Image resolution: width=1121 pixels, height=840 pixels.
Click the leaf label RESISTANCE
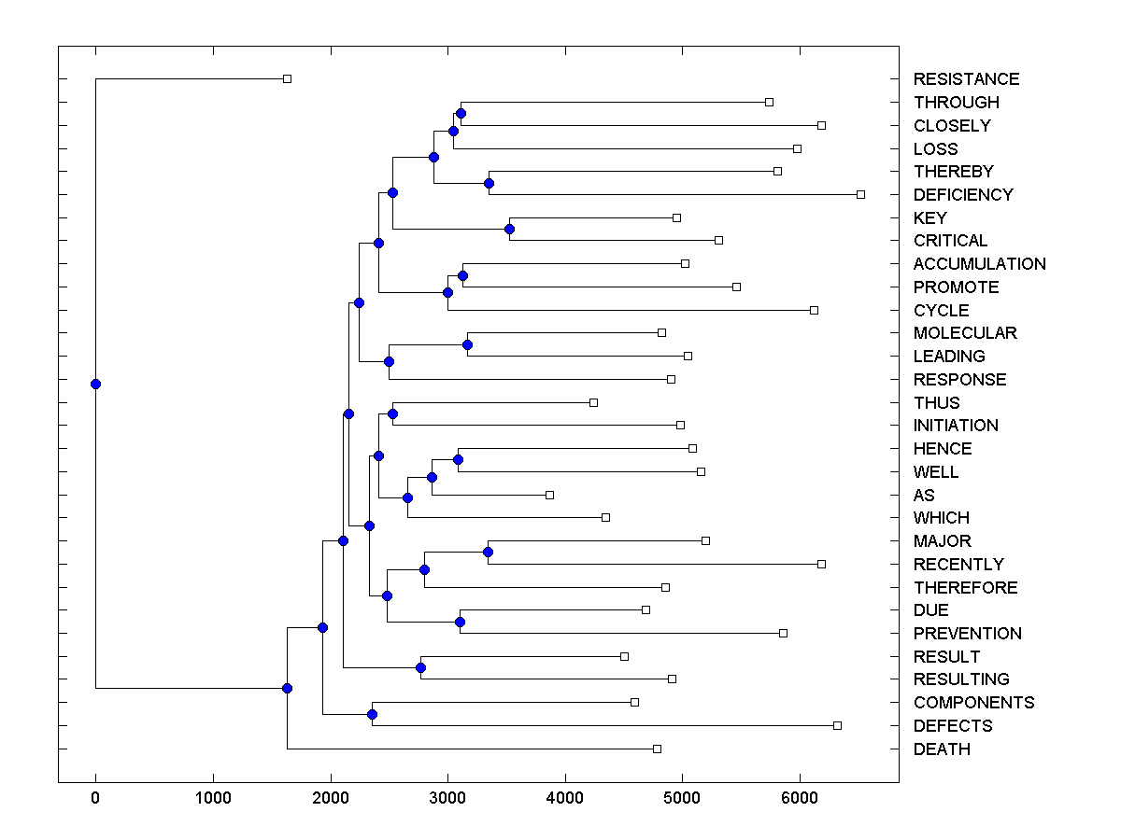[966, 79]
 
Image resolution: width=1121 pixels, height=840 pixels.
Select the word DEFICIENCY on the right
[963, 195]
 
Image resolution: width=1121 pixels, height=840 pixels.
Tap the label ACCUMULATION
[979, 264]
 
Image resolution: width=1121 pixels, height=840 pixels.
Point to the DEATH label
[942, 749]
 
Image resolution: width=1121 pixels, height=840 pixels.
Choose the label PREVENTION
[967, 634]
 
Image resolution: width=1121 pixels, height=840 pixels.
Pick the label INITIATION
[956, 426]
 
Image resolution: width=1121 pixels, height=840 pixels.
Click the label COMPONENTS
[973, 703]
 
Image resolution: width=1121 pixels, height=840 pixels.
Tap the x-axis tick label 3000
[447, 798]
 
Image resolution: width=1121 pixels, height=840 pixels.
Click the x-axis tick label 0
[95, 798]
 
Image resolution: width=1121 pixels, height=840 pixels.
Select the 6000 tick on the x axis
[800, 798]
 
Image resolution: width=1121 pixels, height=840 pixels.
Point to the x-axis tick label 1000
[213, 798]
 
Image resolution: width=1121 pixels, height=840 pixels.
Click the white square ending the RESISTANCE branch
[287, 78]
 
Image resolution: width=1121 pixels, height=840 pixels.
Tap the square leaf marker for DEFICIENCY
[860, 194]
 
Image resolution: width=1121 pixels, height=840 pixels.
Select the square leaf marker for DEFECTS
[837, 725]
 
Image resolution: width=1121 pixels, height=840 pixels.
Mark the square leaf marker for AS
[549, 495]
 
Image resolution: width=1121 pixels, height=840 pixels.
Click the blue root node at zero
[95, 384]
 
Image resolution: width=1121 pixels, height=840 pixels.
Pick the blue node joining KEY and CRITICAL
[509, 229]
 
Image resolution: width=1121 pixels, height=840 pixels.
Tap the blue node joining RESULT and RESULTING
[420, 667]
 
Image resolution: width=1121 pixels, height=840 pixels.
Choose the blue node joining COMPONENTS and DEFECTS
[372, 714]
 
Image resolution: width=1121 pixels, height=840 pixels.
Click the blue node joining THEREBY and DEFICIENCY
[489, 183]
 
